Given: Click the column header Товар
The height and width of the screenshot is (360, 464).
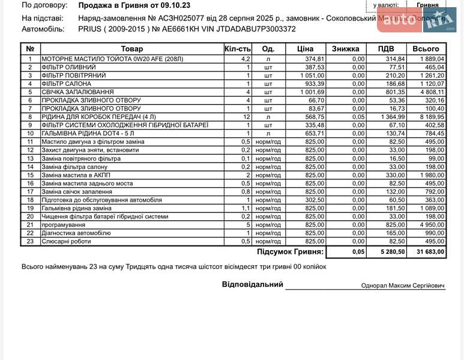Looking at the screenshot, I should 131,49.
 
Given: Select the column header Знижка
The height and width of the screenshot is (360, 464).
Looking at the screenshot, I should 345,49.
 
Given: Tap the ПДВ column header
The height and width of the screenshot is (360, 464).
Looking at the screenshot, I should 386,49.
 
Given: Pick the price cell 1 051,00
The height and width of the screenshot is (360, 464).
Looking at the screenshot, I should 312,76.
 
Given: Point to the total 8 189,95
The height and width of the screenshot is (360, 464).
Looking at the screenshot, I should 431,117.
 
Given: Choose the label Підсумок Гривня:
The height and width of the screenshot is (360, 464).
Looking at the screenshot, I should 290,253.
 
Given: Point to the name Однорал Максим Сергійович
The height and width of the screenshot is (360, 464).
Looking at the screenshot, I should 403,286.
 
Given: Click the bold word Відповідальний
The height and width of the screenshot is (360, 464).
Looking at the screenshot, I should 252,284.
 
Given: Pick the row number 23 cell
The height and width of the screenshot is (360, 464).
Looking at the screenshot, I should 30,241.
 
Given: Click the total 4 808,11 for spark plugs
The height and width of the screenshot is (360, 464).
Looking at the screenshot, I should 431,92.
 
